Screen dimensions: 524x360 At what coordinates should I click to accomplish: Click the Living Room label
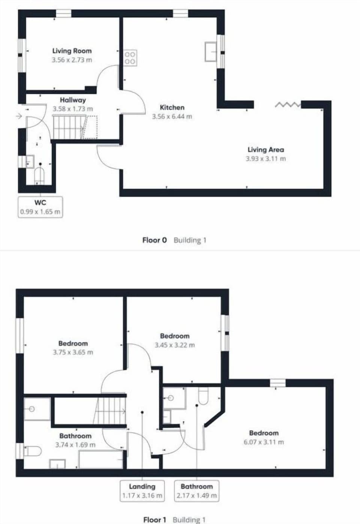(72, 51)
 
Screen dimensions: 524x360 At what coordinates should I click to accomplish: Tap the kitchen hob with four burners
(130, 57)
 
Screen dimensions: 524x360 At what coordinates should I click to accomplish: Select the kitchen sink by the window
(211, 51)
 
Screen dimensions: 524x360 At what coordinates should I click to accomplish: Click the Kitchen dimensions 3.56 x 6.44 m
(172, 117)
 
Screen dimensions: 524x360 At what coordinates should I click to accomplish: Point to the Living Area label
(265, 150)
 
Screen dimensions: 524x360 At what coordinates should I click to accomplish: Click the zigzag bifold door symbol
(288, 105)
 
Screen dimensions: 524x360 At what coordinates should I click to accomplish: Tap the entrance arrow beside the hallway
(19, 117)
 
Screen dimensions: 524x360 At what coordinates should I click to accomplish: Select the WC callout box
(40, 207)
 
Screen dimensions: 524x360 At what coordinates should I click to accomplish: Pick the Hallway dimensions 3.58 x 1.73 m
(73, 109)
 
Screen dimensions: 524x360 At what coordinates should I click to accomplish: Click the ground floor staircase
(67, 127)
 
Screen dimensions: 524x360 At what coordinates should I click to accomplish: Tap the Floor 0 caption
(154, 240)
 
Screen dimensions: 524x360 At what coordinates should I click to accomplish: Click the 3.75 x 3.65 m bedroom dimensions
(73, 352)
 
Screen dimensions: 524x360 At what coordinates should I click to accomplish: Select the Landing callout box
(142, 491)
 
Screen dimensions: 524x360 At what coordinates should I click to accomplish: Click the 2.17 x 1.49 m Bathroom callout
(196, 491)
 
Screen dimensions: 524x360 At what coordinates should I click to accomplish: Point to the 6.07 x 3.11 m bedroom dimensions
(264, 442)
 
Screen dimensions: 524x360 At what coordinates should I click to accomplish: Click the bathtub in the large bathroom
(100, 459)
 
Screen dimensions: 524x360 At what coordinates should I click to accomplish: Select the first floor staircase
(111, 410)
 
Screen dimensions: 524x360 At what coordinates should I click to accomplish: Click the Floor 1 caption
(154, 520)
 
